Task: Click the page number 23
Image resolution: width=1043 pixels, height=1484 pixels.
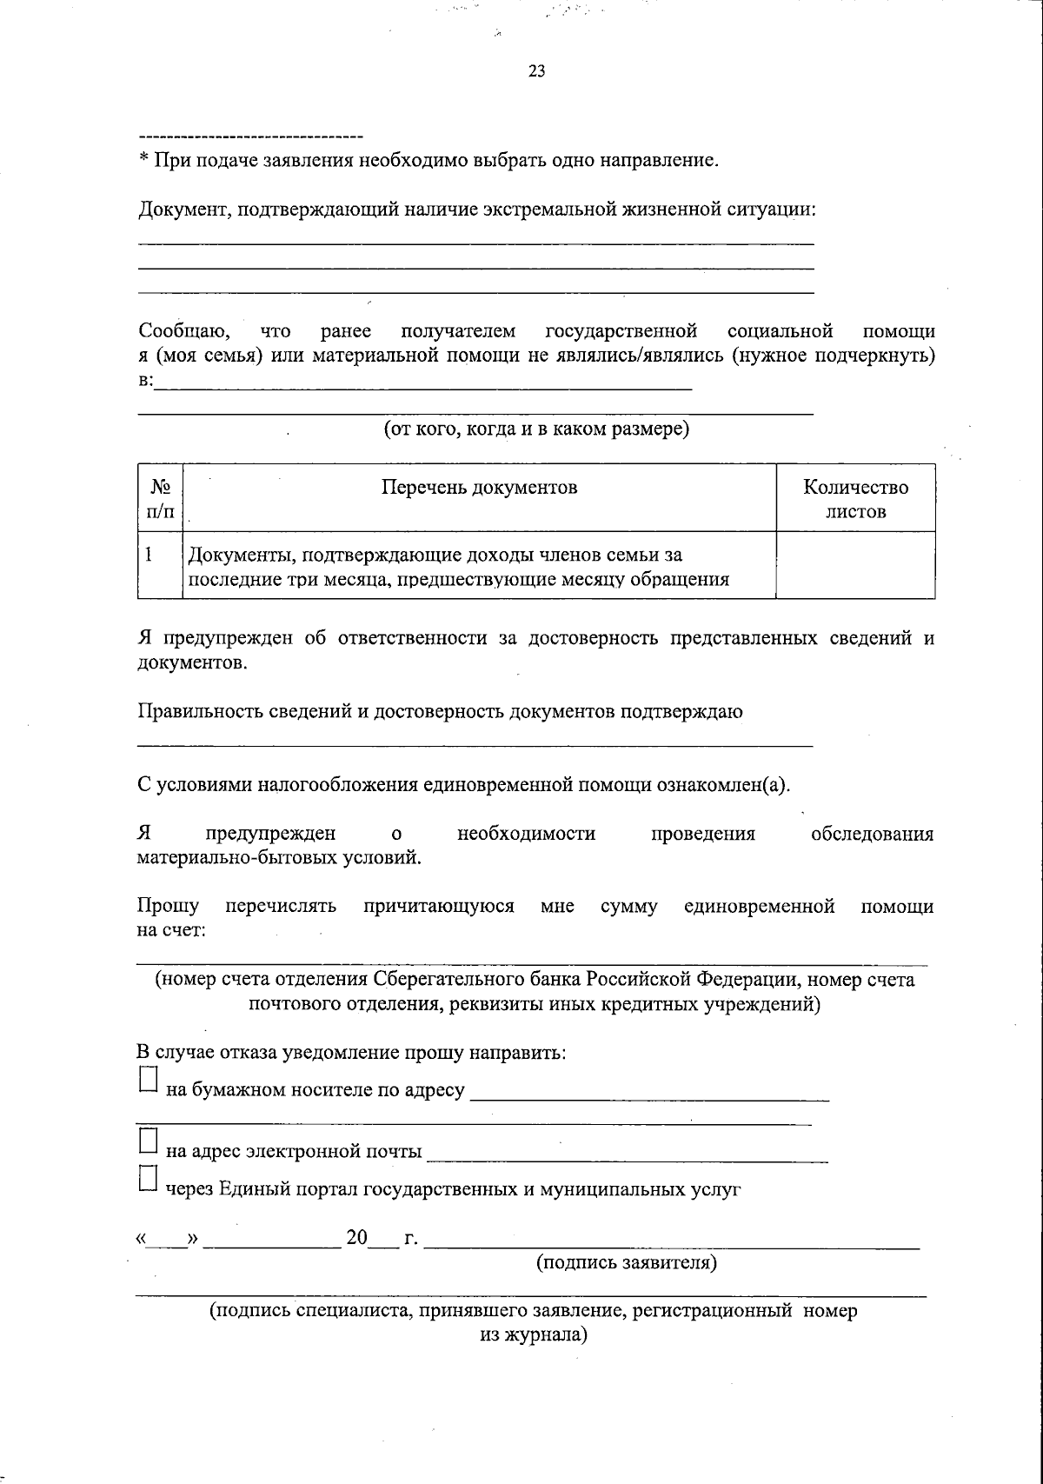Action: coord(536,72)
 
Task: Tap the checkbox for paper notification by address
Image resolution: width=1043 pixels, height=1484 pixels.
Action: coord(149,1080)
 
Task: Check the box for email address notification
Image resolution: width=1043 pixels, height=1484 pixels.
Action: coord(149,1141)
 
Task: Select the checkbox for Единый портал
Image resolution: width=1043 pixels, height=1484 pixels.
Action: coord(149,1179)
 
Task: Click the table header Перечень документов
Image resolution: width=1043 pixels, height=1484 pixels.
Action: coord(479,487)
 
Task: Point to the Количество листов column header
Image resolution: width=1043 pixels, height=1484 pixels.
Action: coord(855,499)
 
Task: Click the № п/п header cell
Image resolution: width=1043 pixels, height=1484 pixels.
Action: coord(160,499)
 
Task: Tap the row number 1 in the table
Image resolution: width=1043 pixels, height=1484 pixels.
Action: coord(149,554)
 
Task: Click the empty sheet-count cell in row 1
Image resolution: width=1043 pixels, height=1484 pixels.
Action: coord(855,566)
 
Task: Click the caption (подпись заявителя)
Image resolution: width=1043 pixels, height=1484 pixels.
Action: coord(626,1262)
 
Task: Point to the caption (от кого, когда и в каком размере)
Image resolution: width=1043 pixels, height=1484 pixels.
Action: coord(537,429)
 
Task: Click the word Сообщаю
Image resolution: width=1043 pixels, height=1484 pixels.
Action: coord(184,331)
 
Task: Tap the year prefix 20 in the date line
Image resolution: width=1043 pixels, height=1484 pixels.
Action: coord(357,1237)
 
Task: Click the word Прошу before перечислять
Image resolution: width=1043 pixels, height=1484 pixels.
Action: coord(168,907)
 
